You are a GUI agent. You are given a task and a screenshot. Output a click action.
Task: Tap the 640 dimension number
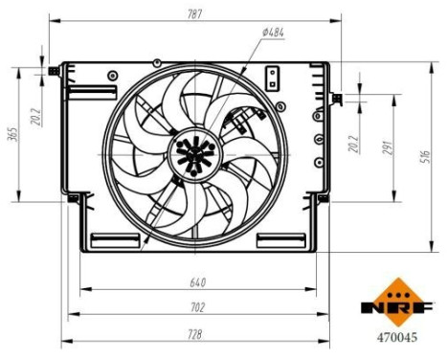[198, 281]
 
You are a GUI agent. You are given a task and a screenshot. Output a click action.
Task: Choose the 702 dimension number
[198, 307]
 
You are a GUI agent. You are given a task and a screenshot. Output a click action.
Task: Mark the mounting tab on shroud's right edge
[336, 97]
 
